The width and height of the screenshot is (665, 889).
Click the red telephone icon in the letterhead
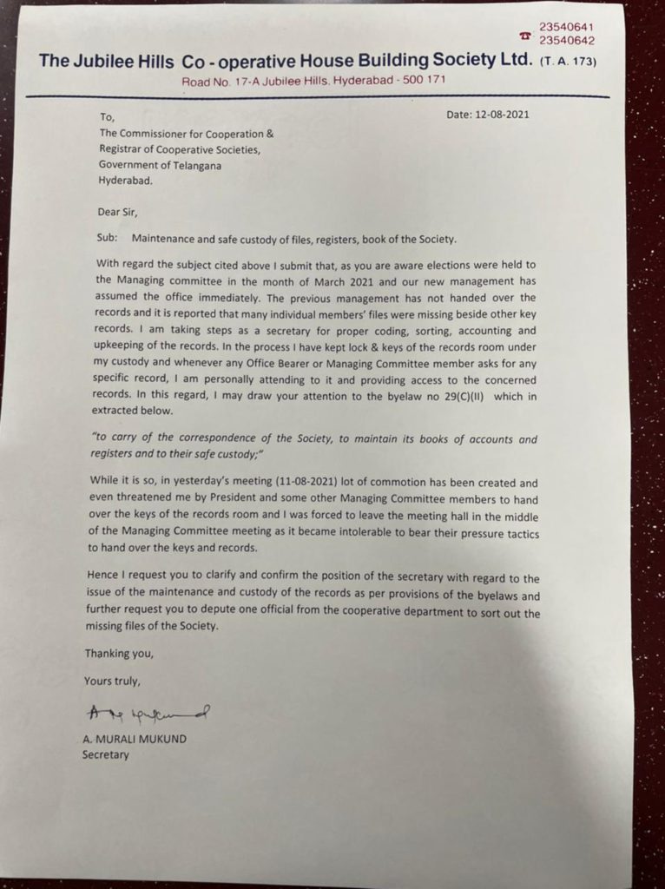(x=524, y=36)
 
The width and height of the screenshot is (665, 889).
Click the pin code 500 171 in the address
(x=424, y=81)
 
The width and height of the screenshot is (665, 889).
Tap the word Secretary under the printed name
(x=105, y=754)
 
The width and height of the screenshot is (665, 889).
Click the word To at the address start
(x=108, y=117)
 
